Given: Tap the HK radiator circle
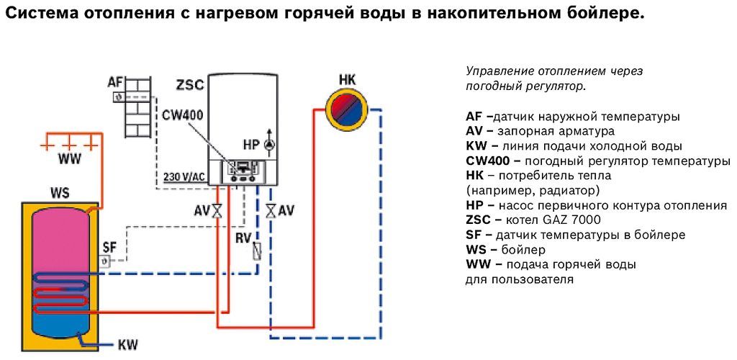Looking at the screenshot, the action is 348,109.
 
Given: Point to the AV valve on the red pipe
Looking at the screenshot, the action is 217,210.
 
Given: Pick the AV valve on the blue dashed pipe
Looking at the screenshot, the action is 271,210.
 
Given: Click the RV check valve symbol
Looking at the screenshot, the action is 257,249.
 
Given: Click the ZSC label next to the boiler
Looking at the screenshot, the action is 189,86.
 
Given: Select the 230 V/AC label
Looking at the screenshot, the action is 184,177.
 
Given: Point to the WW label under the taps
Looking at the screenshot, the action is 70,159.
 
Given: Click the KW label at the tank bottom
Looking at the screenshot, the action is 127,345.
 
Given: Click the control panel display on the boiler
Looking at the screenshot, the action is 243,168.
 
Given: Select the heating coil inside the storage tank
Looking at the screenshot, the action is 62,294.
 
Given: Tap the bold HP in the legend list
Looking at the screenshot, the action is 474,205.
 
